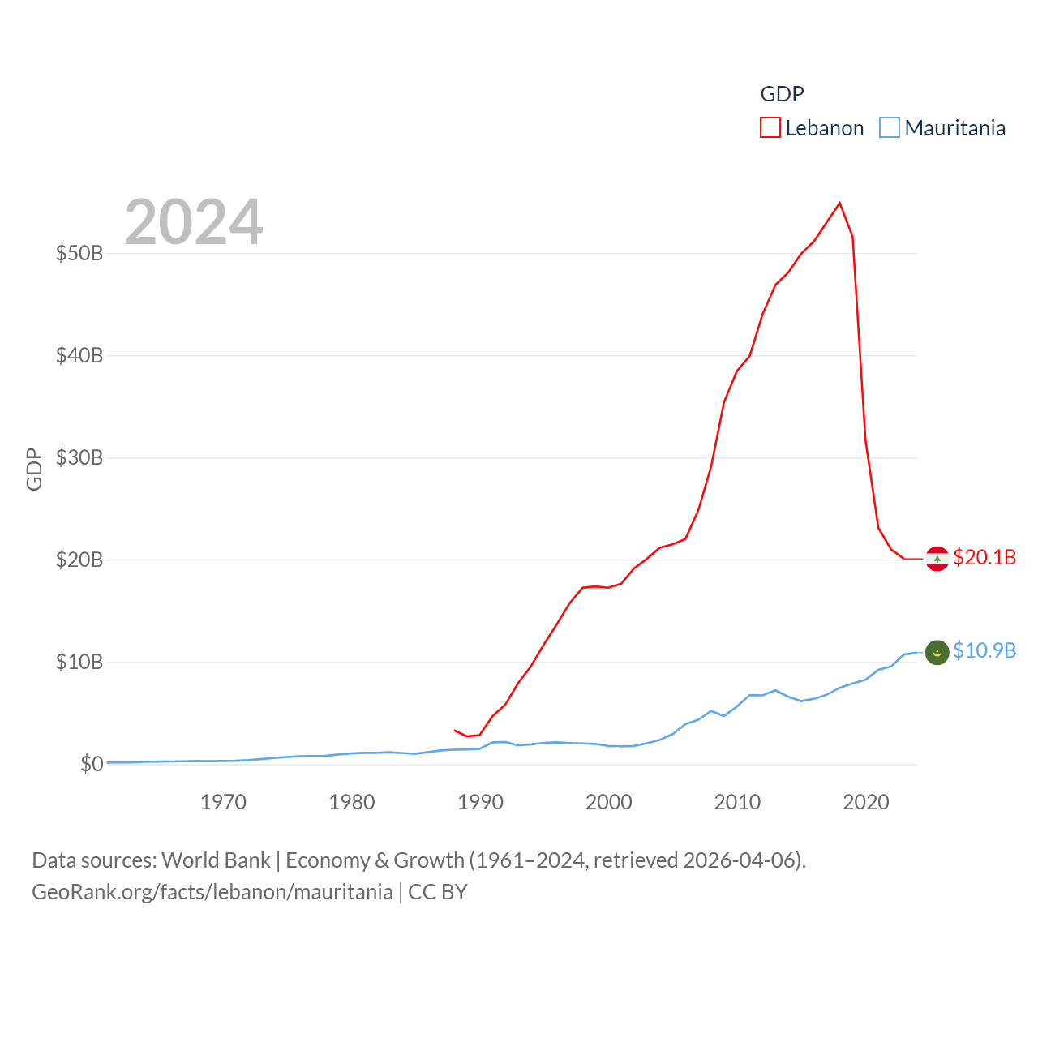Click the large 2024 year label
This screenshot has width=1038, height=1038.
193,222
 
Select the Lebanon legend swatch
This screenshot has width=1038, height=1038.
770,128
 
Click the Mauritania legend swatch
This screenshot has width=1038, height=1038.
890,128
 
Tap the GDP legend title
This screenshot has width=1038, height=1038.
782,94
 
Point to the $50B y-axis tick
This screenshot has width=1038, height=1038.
79,253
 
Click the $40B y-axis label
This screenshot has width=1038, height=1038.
79,355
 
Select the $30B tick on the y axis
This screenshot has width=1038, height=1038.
79,457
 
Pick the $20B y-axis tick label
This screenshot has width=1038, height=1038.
79,560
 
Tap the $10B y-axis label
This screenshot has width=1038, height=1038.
79,662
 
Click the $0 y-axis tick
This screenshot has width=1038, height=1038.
92,764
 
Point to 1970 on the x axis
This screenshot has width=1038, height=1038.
223,802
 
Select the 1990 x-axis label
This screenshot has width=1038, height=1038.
480,802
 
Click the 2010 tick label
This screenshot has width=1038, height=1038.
737,802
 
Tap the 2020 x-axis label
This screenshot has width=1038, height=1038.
866,802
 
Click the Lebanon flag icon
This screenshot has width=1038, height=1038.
937,559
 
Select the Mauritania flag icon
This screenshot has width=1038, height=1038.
937,652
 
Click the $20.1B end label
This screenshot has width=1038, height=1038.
984,557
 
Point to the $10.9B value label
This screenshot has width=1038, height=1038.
984,650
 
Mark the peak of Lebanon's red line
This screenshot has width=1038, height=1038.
839,203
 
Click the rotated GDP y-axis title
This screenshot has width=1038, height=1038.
34,469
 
